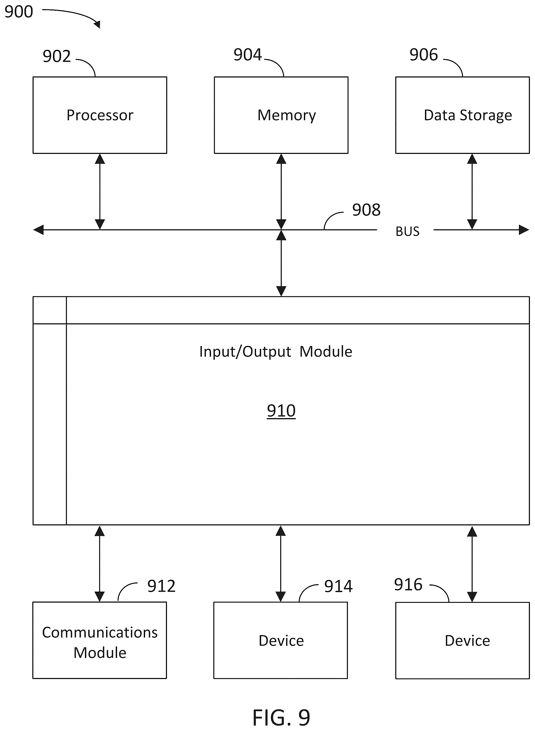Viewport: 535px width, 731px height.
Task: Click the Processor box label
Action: pos(100,115)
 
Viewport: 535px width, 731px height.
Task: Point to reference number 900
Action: pos(19,12)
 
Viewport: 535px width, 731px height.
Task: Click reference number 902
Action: pos(57,56)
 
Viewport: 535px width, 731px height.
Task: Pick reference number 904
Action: pos(248,55)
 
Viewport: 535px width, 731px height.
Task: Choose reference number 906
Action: pos(424,55)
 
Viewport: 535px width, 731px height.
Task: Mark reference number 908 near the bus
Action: pos(366,210)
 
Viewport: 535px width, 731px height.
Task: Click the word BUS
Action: pos(407,231)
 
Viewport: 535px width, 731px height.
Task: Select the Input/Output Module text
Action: pos(276,352)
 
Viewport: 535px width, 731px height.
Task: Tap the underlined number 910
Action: pos(281,411)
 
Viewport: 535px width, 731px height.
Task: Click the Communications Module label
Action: pos(100,643)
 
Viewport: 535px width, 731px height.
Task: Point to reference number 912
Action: pos(161,586)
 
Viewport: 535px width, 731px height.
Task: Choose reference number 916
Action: pos(408,584)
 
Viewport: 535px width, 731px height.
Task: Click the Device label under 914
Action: pos(281,641)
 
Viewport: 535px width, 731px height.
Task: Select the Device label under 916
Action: pos(467,641)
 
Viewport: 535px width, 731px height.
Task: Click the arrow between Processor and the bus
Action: pos(100,192)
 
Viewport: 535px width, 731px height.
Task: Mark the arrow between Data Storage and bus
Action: pos(472,192)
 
